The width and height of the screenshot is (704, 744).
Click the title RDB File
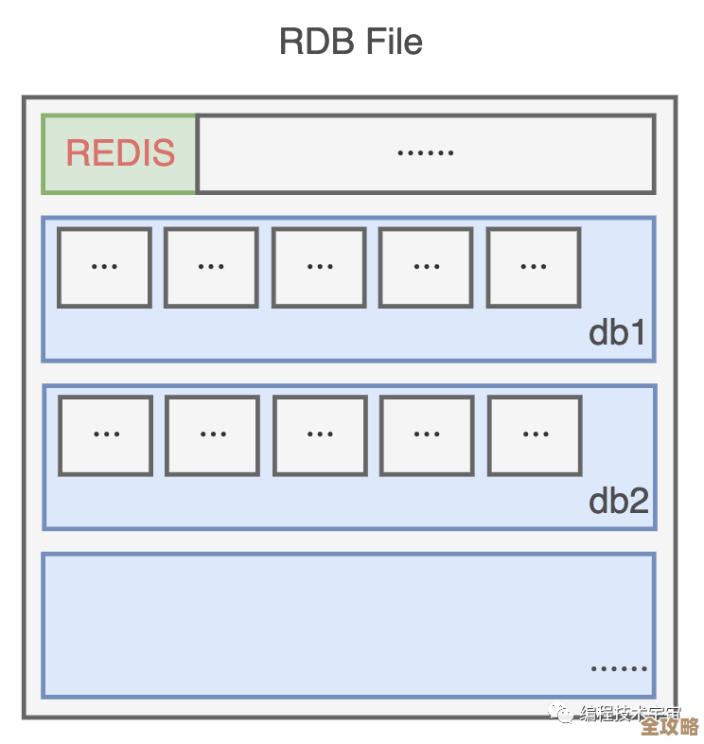351,42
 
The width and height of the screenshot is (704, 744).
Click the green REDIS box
120,153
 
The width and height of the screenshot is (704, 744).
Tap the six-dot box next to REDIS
425,153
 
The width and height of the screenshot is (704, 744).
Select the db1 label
617,332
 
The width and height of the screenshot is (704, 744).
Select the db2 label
619,501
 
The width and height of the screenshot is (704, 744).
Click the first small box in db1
104,267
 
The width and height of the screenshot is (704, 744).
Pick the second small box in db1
211,267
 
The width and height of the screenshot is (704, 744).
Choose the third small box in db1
319,267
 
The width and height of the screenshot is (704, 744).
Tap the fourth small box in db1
426,267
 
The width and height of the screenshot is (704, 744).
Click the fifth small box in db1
534,267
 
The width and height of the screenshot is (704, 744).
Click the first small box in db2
105,434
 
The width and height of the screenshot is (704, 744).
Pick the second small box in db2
212,434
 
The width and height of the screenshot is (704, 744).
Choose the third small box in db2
320,434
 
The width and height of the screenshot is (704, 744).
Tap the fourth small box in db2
427,434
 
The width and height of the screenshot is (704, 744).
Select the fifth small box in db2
535,434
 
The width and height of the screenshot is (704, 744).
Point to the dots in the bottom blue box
619,668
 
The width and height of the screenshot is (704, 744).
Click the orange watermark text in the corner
669,726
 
